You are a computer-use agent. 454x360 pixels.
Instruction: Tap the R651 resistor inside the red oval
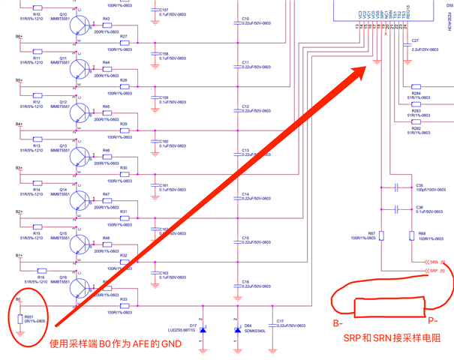[x=20, y=320]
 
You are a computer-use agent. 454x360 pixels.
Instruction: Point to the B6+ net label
[x=19, y=36]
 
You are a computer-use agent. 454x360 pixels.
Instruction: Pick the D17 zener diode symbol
[x=203, y=329]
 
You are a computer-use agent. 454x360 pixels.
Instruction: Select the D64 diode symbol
[x=238, y=329]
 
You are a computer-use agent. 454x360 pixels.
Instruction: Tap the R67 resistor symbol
[x=381, y=235]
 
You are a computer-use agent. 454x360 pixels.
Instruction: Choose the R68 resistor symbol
[x=411, y=235]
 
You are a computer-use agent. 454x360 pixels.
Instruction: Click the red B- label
[x=339, y=324]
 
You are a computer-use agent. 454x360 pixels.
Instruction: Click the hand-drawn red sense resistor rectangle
[x=383, y=307]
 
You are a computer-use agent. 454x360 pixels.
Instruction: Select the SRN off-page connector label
[x=434, y=262]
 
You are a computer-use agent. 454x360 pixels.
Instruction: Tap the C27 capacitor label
[x=415, y=40]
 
